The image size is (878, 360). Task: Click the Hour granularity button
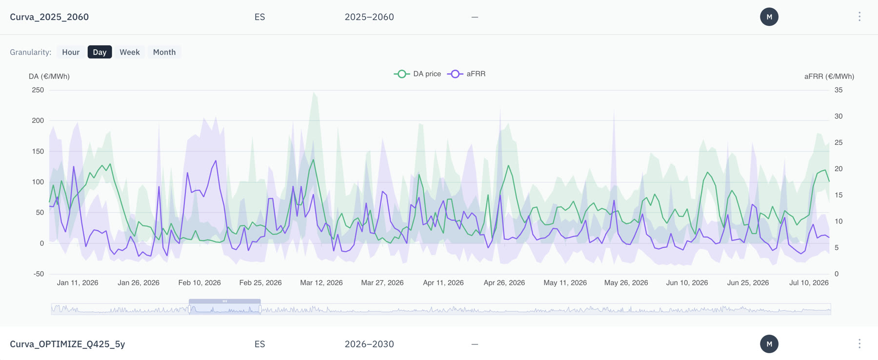[x=71, y=52]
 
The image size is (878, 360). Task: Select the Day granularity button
[x=100, y=52]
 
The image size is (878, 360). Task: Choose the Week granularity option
[x=130, y=52]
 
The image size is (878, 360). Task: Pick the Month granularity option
[x=164, y=52]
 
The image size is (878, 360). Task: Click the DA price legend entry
[x=418, y=74]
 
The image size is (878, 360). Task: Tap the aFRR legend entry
[x=466, y=74]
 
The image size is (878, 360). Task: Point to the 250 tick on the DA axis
[x=38, y=90]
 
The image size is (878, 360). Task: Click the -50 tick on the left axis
[x=39, y=274]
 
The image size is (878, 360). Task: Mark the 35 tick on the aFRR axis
[x=838, y=90]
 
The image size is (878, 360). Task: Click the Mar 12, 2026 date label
[x=321, y=283]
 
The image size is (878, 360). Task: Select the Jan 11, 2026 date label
[x=78, y=283]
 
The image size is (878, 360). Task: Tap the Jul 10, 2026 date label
[x=809, y=283]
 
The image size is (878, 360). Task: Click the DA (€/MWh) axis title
[x=49, y=77]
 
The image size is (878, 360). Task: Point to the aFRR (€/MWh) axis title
[x=829, y=77]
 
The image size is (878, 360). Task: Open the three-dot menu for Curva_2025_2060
[x=859, y=17]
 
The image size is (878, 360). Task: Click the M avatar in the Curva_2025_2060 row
[x=769, y=17]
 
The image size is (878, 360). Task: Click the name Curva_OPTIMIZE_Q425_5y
[x=67, y=344]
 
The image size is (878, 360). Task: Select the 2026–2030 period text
[x=369, y=344]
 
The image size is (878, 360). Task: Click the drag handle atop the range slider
[x=225, y=301]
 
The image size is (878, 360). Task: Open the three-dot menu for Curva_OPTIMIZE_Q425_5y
[x=859, y=344]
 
